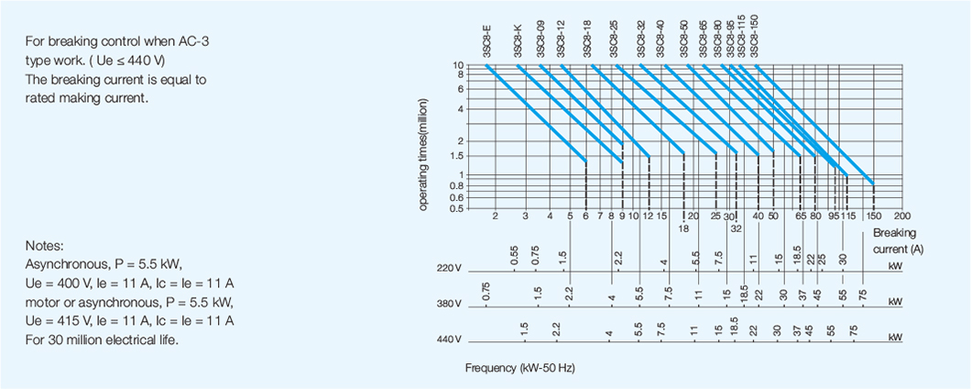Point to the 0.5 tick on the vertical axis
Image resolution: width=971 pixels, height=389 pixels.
coord(456,208)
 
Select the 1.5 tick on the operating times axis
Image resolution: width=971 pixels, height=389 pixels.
coord(456,157)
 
